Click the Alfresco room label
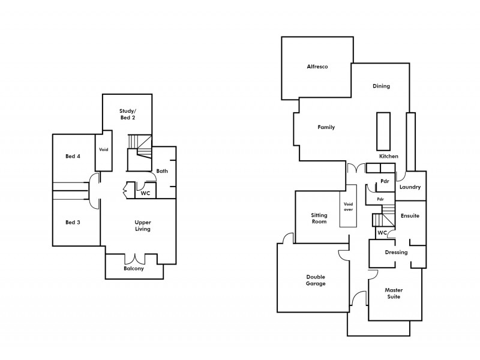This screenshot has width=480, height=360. [x=316, y=67]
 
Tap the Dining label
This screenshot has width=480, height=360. [x=381, y=86]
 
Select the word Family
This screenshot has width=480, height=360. [x=326, y=127]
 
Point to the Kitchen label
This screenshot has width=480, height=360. [x=388, y=156]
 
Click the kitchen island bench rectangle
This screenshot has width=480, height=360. [x=382, y=131]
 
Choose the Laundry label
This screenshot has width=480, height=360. [x=410, y=187]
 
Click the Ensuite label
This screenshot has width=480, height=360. [x=410, y=215]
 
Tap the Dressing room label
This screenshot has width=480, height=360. [x=396, y=252]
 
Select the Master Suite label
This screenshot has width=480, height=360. [x=393, y=293]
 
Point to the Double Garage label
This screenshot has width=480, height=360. [x=316, y=280]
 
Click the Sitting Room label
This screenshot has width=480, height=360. [x=319, y=218]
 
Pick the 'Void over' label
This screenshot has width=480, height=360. [x=349, y=207]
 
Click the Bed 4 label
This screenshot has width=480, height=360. [x=73, y=157]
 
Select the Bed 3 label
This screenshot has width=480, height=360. [x=73, y=222]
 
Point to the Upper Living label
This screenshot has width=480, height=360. [x=142, y=226]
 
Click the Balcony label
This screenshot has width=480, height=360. [x=134, y=268]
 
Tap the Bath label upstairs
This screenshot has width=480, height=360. [x=162, y=171]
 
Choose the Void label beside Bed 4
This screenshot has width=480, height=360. [x=103, y=150]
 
